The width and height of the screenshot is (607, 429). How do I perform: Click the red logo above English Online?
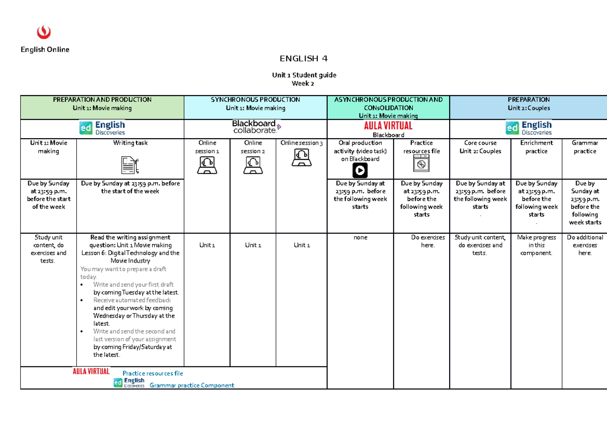45,32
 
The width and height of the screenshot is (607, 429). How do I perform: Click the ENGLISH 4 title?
304,59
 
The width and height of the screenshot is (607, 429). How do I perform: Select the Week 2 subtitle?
303,83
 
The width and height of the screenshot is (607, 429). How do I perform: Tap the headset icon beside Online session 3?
301,157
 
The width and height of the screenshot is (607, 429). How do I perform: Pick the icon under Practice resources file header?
421,163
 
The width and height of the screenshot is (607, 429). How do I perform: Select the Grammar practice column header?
585,147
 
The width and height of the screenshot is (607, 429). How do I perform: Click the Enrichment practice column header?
536,147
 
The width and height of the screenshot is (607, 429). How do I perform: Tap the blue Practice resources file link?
156,373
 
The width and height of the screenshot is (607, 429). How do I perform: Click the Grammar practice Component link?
192,385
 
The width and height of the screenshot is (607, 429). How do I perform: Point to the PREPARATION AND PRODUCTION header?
102,100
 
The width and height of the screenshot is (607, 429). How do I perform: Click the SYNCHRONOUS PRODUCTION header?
255,100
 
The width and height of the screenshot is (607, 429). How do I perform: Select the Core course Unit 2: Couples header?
480,147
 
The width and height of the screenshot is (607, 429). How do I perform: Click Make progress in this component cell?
536,245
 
